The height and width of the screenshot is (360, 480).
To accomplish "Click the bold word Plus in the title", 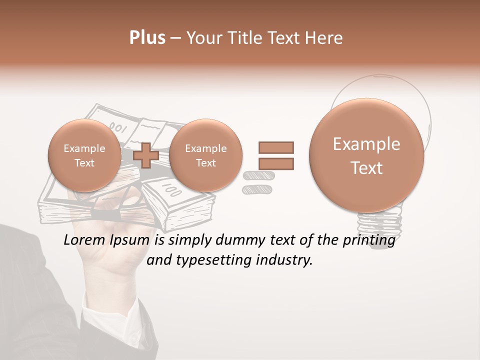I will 147,38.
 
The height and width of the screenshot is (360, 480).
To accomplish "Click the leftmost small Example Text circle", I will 84,155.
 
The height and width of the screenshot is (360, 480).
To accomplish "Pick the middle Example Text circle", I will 205,155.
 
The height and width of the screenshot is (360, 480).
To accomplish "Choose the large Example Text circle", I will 366,156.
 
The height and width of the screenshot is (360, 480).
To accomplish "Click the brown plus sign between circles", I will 146,155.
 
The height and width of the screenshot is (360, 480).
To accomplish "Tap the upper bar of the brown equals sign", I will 276,147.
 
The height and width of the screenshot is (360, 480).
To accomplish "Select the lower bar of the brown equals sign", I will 276,163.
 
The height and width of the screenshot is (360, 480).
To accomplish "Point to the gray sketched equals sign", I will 256,182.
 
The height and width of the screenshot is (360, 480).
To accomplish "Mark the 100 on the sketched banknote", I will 172,190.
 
